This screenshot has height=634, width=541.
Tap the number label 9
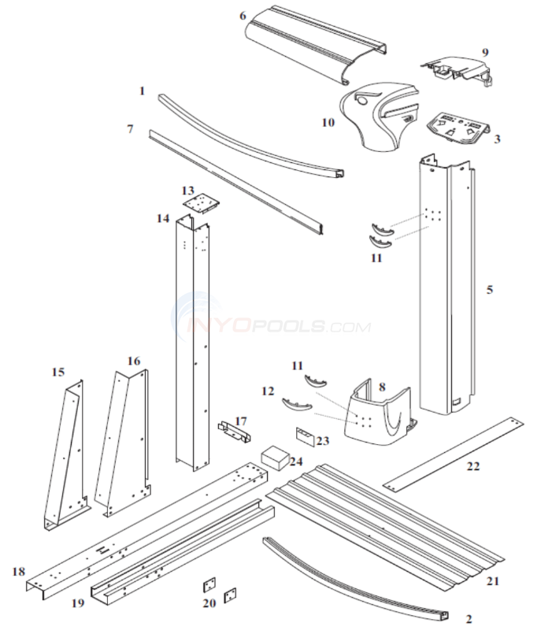484,53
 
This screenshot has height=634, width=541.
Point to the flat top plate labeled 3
457,126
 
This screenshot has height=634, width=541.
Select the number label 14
163,218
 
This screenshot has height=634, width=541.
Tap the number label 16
134,361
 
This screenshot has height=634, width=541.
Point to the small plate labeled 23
306,436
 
